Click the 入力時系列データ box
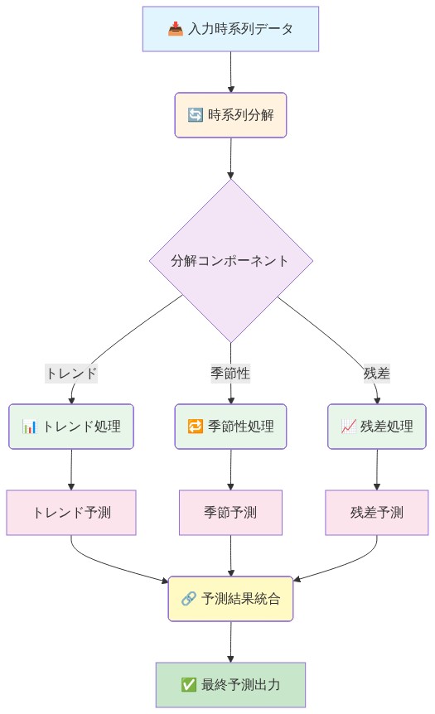(230, 30)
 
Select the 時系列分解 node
(230, 114)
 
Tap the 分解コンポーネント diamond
(230, 260)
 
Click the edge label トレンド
(71, 373)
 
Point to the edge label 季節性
(230, 373)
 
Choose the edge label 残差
(377, 373)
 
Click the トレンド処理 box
(71, 427)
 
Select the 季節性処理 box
(230, 427)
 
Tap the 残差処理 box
(377, 427)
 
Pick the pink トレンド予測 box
(71, 513)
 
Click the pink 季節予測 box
(230, 513)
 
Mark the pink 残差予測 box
(377, 513)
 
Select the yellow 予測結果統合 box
(230, 599)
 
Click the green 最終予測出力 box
(230, 685)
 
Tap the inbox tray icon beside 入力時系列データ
(176, 30)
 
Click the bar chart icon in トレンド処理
(30, 427)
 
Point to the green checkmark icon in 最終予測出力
(188, 685)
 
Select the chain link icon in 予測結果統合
(188, 599)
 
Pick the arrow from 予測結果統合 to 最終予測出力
(230, 642)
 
